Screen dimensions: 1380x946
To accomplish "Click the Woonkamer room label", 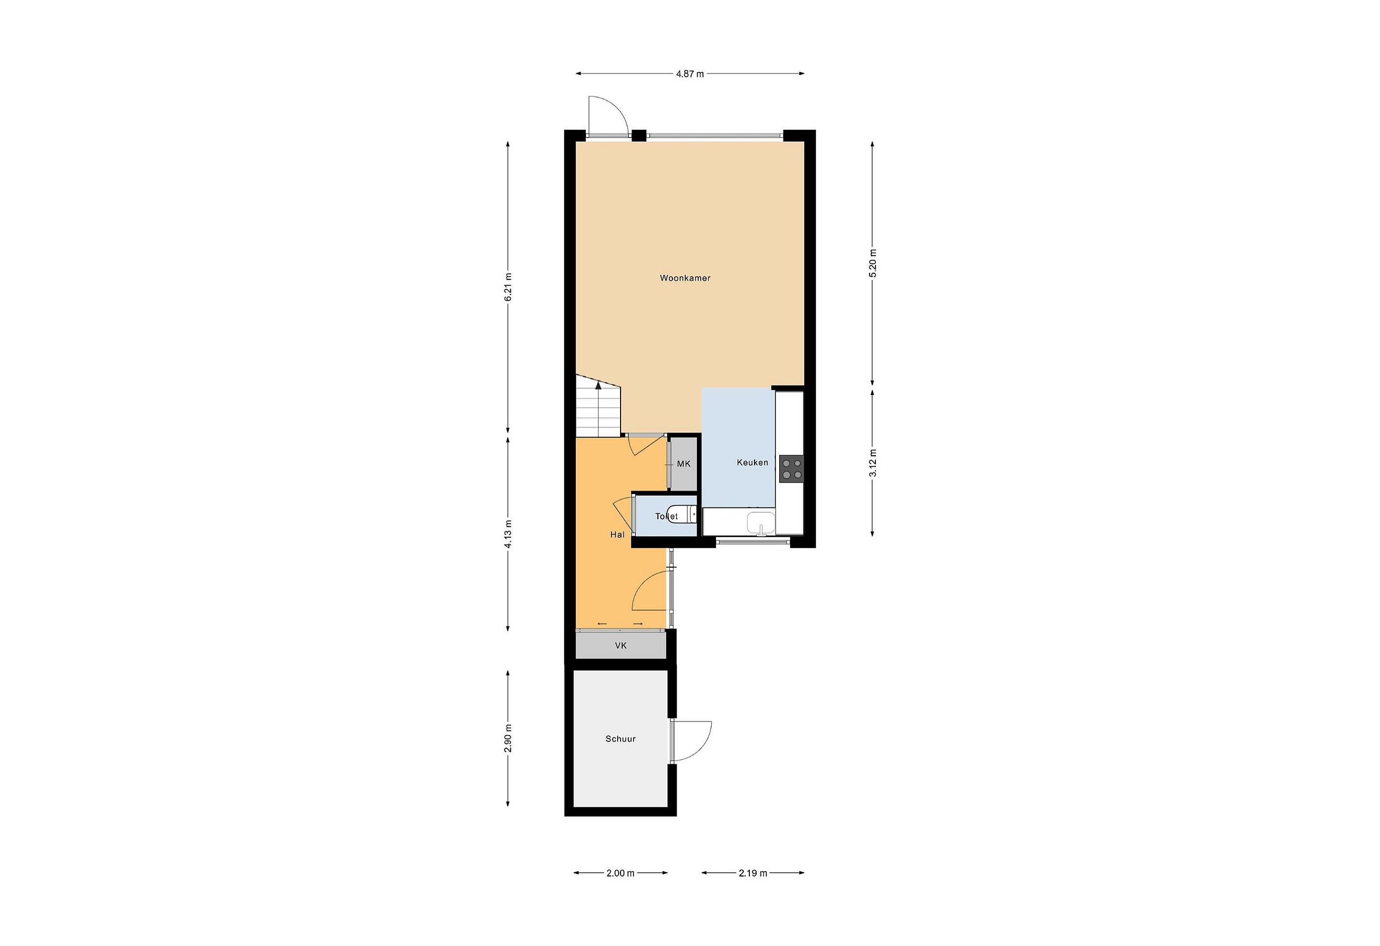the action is point(685,278).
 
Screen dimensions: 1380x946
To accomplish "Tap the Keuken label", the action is point(752,462).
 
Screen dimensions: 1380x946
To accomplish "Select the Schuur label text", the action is point(621,739).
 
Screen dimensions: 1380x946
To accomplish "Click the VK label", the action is point(621,646).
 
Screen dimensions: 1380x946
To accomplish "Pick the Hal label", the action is point(618,534).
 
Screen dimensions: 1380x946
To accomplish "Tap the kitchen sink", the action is point(760,523).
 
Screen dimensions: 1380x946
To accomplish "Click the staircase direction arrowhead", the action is point(598,385).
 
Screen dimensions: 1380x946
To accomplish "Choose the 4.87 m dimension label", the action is point(690,74).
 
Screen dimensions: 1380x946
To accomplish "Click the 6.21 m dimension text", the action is point(508,287).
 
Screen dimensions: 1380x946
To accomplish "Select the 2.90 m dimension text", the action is point(508,738).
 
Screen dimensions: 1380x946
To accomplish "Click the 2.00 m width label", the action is point(621,873).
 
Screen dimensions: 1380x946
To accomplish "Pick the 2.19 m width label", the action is point(753,873).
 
